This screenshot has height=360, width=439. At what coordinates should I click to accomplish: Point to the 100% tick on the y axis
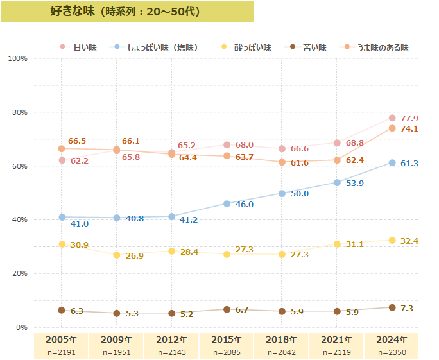point(17,58)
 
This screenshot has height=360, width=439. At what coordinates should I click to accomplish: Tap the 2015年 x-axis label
point(227,339)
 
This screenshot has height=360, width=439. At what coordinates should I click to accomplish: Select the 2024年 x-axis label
point(392,339)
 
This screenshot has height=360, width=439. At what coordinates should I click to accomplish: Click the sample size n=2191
point(62,352)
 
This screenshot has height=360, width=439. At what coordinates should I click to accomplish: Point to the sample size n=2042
point(282,352)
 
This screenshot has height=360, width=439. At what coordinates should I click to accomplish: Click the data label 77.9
point(409,119)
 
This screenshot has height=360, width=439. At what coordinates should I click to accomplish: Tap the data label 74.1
point(409,129)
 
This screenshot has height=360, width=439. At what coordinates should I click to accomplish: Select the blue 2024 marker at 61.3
point(392,163)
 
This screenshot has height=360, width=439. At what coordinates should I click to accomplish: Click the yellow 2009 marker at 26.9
point(117,255)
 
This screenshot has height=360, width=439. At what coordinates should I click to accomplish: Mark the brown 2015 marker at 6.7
point(227,309)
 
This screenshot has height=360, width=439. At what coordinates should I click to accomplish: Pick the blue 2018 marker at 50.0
point(282,193)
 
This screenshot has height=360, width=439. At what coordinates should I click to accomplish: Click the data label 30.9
point(79,245)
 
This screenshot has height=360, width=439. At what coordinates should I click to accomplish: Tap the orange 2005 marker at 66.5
point(62,149)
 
